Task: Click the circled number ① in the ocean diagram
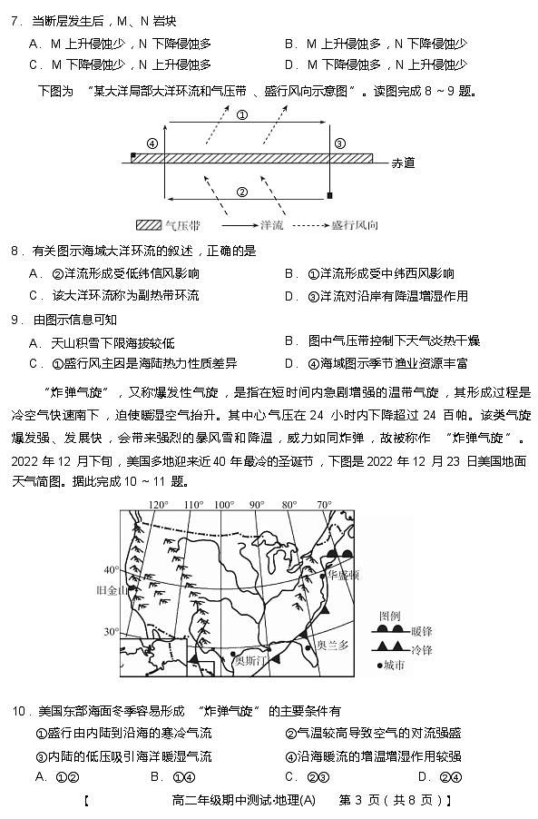(242, 115)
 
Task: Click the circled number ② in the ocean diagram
(242, 192)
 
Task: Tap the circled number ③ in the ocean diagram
(339, 143)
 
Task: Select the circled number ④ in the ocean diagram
(152, 143)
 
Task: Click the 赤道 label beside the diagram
(403, 163)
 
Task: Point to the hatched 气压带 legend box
(148, 224)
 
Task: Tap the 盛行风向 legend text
(355, 224)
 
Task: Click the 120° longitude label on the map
(158, 505)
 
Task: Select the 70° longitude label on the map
(324, 505)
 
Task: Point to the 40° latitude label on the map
(111, 570)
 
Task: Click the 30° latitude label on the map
(111, 632)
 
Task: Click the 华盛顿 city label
(343, 576)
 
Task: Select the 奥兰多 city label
(333, 646)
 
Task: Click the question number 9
(15, 319)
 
